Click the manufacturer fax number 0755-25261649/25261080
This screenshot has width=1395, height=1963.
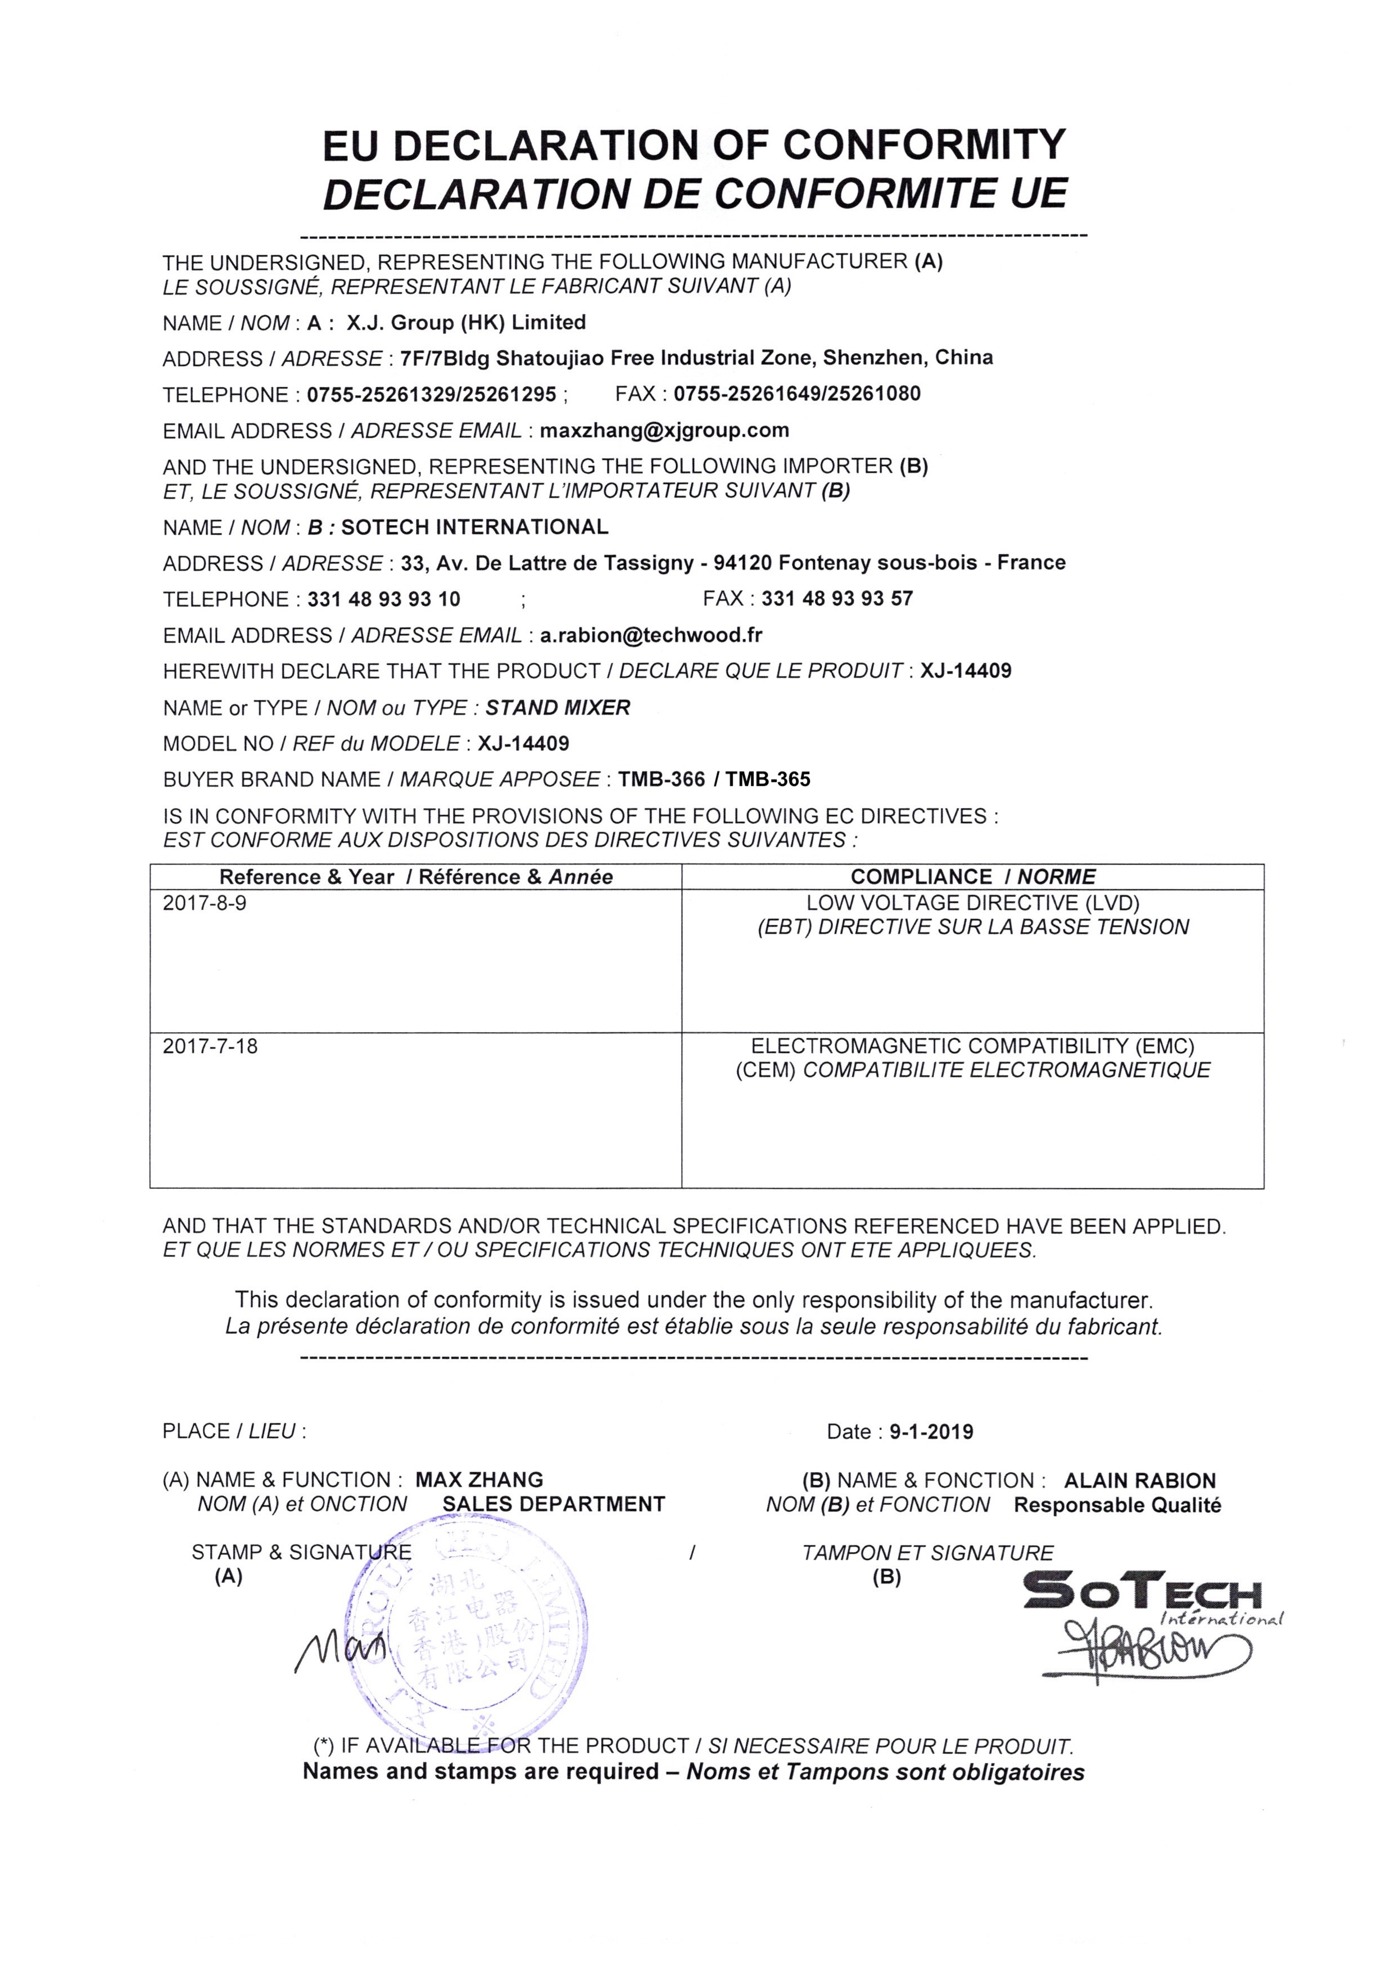click(796, 393)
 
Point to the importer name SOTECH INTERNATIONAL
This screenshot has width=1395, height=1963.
click(474, 527)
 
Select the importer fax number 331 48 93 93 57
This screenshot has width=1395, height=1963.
click(837, 598)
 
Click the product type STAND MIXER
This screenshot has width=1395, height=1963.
click(558, 707)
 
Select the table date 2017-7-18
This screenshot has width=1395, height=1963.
click(210, 1046)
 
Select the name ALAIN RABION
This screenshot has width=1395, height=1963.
click(1139, 1480)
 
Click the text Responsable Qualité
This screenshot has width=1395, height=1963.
click(1117, 1505)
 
